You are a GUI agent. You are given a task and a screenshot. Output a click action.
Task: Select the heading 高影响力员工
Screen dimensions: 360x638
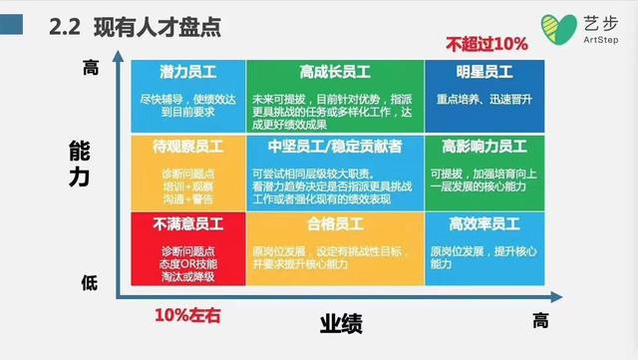point(482,147)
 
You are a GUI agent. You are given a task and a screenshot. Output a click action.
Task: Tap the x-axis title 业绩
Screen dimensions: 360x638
point(340,325)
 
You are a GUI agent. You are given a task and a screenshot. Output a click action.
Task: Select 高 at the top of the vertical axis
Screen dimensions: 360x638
point(91,68)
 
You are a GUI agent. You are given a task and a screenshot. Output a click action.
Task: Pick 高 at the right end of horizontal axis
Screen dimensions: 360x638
point(539,320)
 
